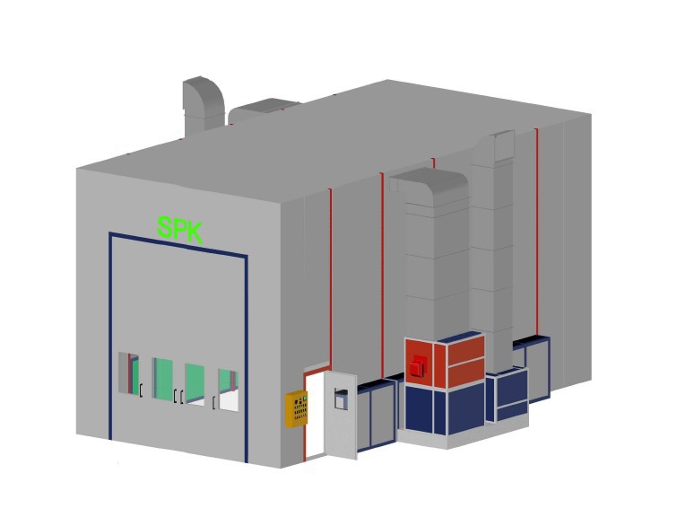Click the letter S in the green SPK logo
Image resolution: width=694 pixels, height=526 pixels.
[165, 227]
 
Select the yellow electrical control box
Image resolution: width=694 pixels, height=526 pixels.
[297, 408]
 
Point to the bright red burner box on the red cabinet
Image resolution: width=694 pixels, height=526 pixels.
[416, 366]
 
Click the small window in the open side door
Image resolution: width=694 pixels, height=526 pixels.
[341, 399]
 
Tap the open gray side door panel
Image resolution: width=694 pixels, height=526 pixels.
[340, 416]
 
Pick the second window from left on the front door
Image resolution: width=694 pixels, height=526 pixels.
[162, 380]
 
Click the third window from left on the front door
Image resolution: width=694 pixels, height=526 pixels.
[195, 384]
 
